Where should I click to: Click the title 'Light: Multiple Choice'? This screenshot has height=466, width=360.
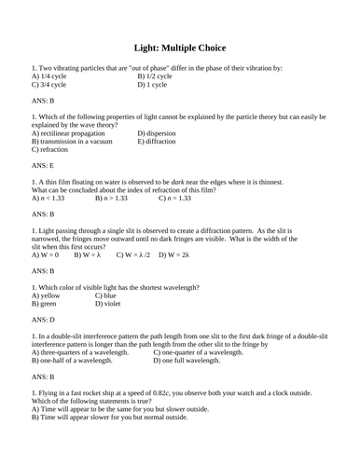coord(179,48)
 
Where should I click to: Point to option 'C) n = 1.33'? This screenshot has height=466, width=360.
coord(174,199)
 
